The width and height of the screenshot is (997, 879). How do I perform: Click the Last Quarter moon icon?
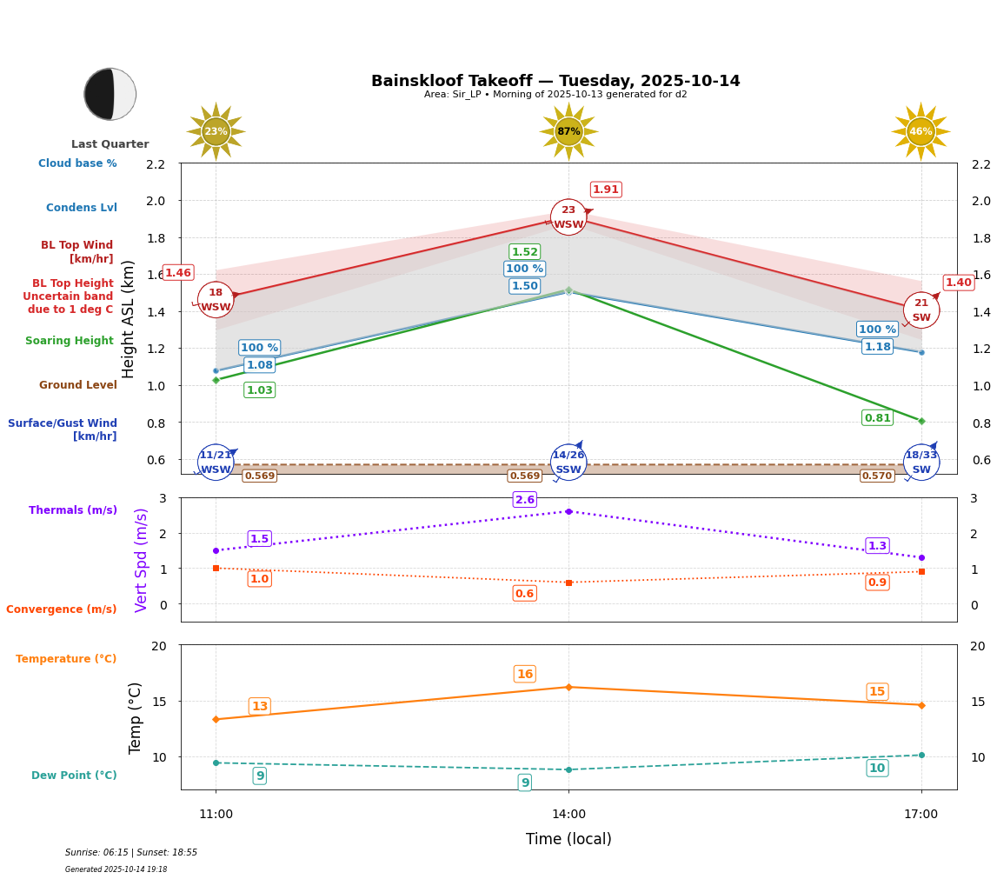point(110,94)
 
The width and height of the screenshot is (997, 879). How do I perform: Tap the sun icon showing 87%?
point(568,131)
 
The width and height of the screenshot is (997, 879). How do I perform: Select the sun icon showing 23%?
point(216,131)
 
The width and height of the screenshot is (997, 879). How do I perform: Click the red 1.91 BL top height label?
point(606,190)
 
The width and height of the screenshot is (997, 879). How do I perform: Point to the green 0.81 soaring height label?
point(877,418)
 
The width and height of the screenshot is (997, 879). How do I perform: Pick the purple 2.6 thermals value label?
point(525,500)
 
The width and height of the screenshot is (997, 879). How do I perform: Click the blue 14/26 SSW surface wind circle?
point(568,463)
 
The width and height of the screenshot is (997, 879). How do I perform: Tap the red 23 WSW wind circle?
point(568,217)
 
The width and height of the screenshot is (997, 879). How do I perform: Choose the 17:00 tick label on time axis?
point(921,815)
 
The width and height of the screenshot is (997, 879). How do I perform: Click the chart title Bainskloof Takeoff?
point(555,81)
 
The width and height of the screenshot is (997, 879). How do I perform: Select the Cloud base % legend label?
point(77,163)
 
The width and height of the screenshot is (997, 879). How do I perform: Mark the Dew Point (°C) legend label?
point(74,776)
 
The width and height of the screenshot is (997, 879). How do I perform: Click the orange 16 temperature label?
point(525,674)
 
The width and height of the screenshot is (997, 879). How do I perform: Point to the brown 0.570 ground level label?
point(876,476)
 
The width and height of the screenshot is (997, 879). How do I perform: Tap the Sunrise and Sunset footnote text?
point(131,853)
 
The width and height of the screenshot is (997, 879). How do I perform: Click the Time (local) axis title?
point(568,839)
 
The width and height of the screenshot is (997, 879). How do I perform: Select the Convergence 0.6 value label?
point(525,594)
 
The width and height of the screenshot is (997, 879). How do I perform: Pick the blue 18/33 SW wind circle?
point(921,463)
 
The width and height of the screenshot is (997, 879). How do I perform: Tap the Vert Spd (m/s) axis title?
point(142,560)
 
